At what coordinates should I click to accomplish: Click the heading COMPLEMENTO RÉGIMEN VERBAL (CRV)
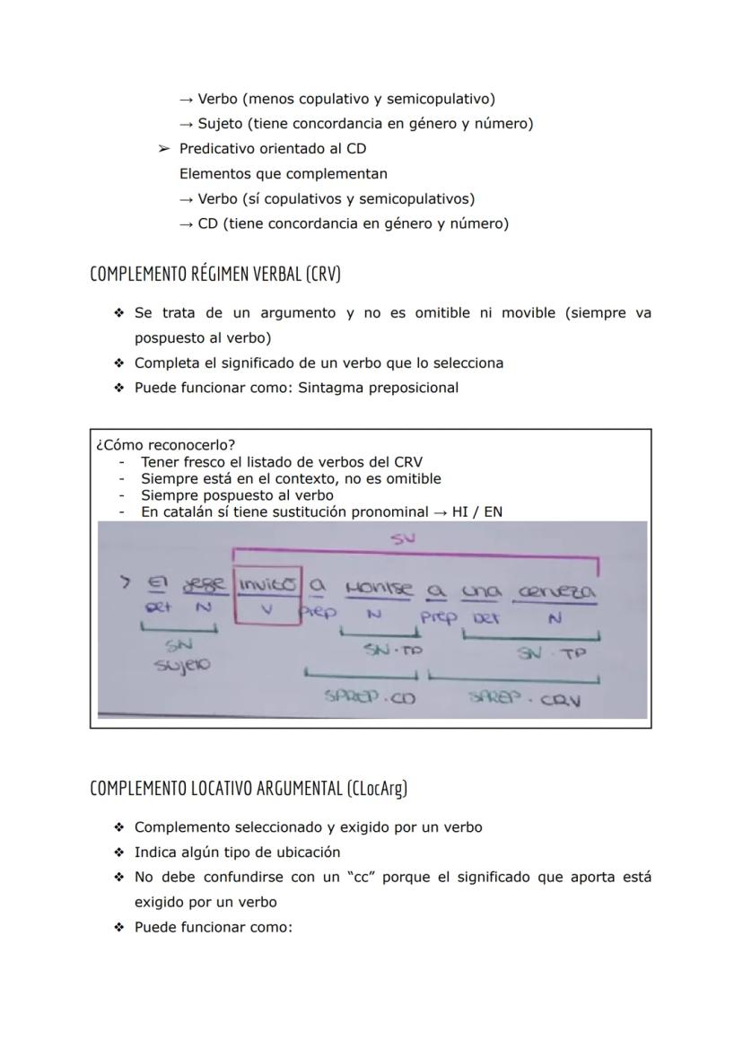(215, 274)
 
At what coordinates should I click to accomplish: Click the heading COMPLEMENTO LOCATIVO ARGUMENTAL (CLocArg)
(249, 788)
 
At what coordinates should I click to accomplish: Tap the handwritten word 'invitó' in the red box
(267, 586)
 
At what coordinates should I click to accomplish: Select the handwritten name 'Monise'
(379, 588)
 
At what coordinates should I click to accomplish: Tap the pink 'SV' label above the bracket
(400, 538)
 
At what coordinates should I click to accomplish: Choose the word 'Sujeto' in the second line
(222, 124)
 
